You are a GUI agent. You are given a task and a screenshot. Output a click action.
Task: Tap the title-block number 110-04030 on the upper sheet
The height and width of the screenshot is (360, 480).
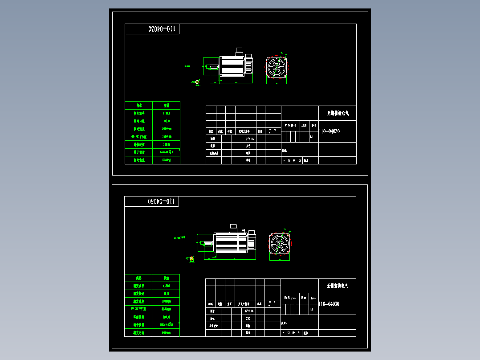coord(330,131)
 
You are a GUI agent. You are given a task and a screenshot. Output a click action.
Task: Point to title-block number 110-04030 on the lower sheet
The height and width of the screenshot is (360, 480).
coord(330,304)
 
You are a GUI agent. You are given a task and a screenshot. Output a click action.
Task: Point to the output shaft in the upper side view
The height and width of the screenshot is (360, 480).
coord(213,67)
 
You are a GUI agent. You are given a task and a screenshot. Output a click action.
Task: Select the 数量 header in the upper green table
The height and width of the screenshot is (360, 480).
coord(167,106)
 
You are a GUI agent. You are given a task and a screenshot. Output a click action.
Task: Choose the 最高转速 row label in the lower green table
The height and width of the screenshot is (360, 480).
coord(138,309)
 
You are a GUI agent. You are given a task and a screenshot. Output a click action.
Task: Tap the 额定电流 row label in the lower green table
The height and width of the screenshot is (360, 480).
coord(138,333)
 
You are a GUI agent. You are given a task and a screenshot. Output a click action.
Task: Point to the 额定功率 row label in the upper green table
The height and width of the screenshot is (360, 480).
coord(139,113)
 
